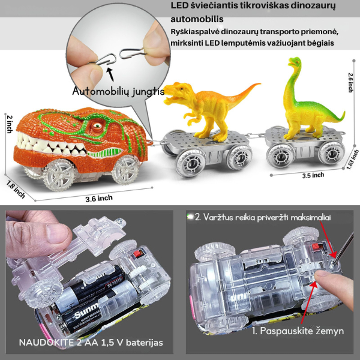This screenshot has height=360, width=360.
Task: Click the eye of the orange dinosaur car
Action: coord(97,126)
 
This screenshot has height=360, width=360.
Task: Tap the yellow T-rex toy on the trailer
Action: coord(206,108)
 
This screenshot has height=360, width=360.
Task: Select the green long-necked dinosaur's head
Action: coord(295,62)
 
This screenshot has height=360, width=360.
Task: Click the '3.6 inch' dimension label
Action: coord(99,199)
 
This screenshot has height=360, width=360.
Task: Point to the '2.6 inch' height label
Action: coord(350,83)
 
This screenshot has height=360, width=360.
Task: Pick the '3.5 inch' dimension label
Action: coord(313,176)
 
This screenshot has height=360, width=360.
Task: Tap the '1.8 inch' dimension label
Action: coord(16,189)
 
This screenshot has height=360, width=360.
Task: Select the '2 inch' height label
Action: coord(10,124)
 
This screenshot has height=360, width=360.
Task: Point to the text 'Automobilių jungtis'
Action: coord(118,92)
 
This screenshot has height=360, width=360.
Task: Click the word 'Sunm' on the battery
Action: coord(86,311)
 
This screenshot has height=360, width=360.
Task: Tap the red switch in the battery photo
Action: coord(138,254)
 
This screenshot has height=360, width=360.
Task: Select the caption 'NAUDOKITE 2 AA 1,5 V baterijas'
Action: coord(91,343)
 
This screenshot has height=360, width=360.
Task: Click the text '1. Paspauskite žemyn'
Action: coord(298,331)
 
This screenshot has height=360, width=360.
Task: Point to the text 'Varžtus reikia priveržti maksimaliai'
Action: coord(267,217)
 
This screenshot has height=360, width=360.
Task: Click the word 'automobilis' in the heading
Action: coord(197,19)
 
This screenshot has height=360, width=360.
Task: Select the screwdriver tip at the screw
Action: coord(335,262)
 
